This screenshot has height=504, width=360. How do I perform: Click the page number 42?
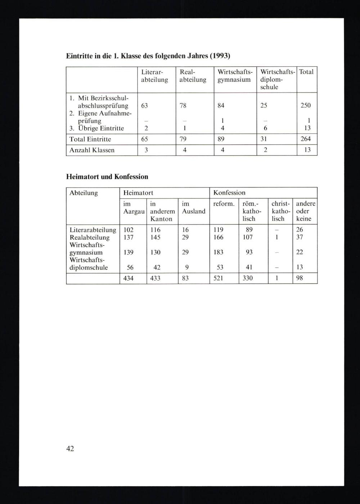coord(70,448)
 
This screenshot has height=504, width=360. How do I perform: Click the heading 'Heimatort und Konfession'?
coord(107,177)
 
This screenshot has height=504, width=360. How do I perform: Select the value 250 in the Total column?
coord(306,105)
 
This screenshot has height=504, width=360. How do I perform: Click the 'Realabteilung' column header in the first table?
coord(193,76)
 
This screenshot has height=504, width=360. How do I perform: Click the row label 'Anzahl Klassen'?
coord(92,150)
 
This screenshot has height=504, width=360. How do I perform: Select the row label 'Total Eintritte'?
coord(90,139)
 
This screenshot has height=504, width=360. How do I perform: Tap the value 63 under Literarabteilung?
coord(144,105)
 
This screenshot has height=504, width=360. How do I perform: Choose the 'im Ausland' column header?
coord(193,207)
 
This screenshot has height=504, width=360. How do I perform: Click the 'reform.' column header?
coord(224,204)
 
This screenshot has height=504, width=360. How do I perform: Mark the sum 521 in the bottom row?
coord(218,278)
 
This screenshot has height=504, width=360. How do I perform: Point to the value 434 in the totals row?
coord(129,278)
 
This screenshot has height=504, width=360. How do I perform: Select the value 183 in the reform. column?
coord(218,252)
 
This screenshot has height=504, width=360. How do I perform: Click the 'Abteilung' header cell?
coord(84,193)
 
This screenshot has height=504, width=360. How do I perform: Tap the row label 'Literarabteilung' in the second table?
coord(93,230)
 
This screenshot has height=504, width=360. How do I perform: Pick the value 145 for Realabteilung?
coord(155,237)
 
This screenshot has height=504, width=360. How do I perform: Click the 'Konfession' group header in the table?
coord(229,193)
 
